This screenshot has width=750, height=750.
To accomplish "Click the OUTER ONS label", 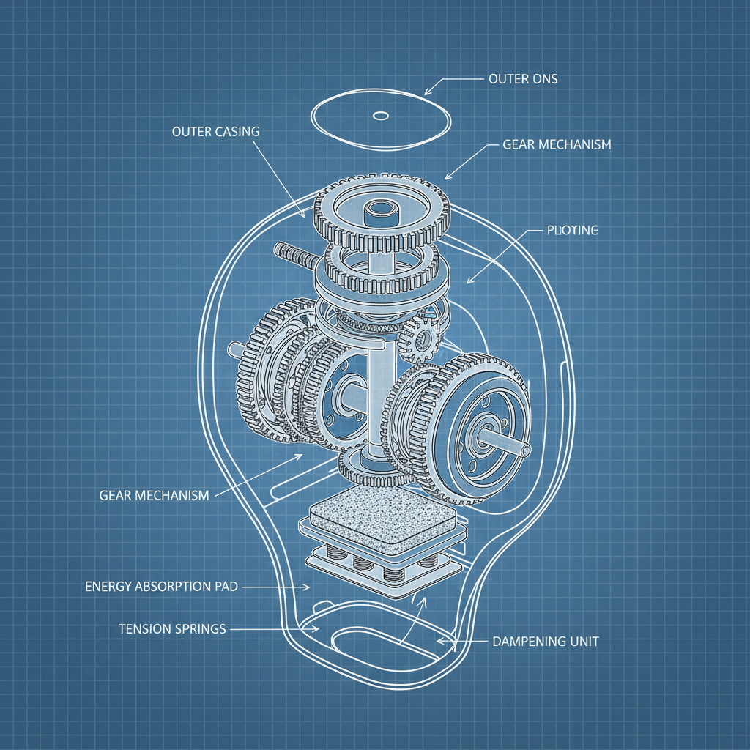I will tap(522, 78).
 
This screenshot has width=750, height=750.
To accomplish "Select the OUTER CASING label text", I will tap(215, 132).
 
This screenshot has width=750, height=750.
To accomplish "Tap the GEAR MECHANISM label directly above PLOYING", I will tap(557, 145).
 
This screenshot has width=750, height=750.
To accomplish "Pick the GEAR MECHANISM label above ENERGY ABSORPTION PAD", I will tap(154, 496).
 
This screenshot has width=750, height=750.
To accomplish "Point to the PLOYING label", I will tap(573, 231).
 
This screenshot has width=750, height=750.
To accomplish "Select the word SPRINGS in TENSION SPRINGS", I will tap(198, 629).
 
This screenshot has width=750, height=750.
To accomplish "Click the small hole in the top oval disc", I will tap(380, 115).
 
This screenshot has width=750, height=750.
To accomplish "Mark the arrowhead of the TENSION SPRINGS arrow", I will tap(316, 628).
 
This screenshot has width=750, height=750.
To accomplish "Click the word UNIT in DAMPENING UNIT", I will tap(583, 642).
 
